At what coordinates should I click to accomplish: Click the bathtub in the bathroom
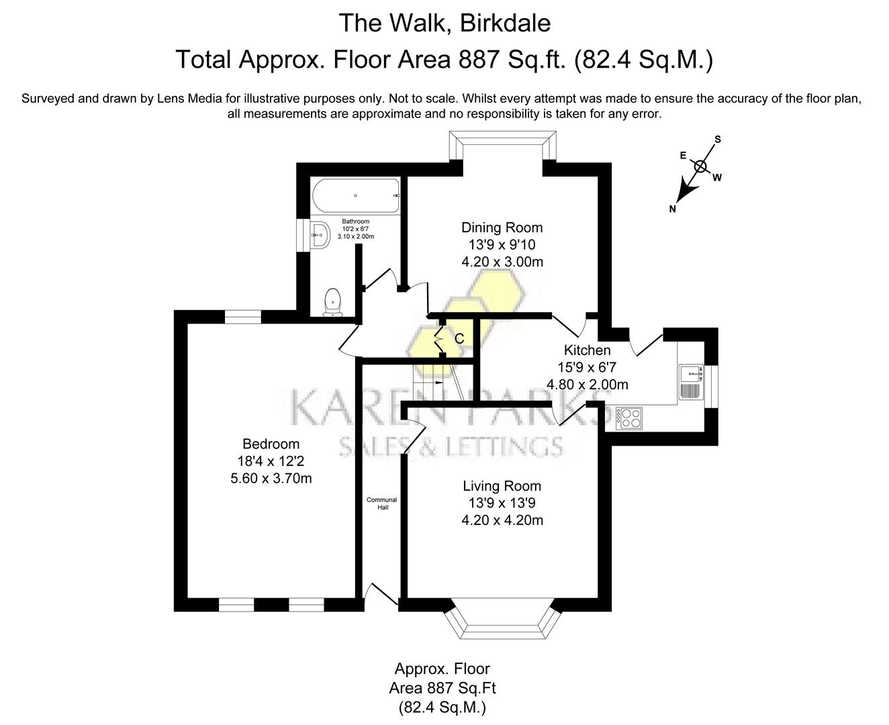click(355, 195)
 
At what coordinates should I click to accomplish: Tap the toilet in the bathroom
click(332, 302)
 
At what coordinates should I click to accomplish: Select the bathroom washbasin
click(320, 234)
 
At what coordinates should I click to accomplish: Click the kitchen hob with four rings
click(630, 419)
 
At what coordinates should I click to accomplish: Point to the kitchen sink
click(691, 375)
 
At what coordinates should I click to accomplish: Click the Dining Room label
click(502, 228)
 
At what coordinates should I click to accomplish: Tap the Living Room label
click(502, 486)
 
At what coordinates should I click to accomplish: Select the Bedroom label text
click(271, 444)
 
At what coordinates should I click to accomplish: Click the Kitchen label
click(587, 350)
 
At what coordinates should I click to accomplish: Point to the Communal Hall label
click(381, 503)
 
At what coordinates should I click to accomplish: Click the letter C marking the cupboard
click(459, 339)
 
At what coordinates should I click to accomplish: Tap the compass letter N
click(672, 209)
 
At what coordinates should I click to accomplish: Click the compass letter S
click(717, 140)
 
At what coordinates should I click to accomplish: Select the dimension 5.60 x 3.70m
click(271, 479)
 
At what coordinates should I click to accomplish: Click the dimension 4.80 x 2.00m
click(587, 385)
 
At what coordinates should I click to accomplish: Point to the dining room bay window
click(502, 143)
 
